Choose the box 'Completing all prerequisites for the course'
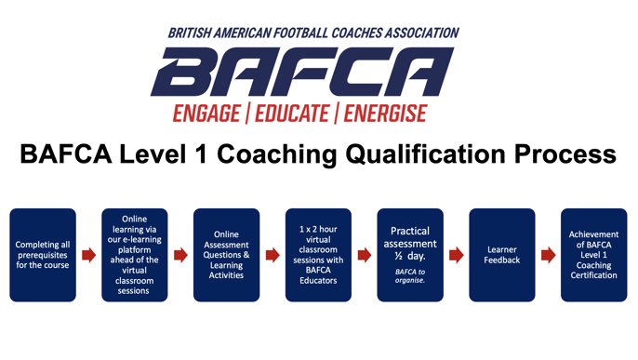[x=43, y=255]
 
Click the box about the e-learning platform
[x=135, y=255]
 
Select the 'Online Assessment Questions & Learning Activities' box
[x=226, y=255]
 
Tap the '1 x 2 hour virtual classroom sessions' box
[x=318, y=255]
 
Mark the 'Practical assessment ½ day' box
[x=410, y=255]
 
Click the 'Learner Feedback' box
[x=502, y=255]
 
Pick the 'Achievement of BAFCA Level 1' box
[x=593, y=255]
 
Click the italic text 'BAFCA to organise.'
[x=410, y=276]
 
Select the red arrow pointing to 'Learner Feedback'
[x=457, y=255]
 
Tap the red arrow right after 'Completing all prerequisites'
[x=89, y=255]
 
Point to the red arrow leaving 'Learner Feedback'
[x=548, y=255]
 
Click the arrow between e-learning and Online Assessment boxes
[x=180, y=255]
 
